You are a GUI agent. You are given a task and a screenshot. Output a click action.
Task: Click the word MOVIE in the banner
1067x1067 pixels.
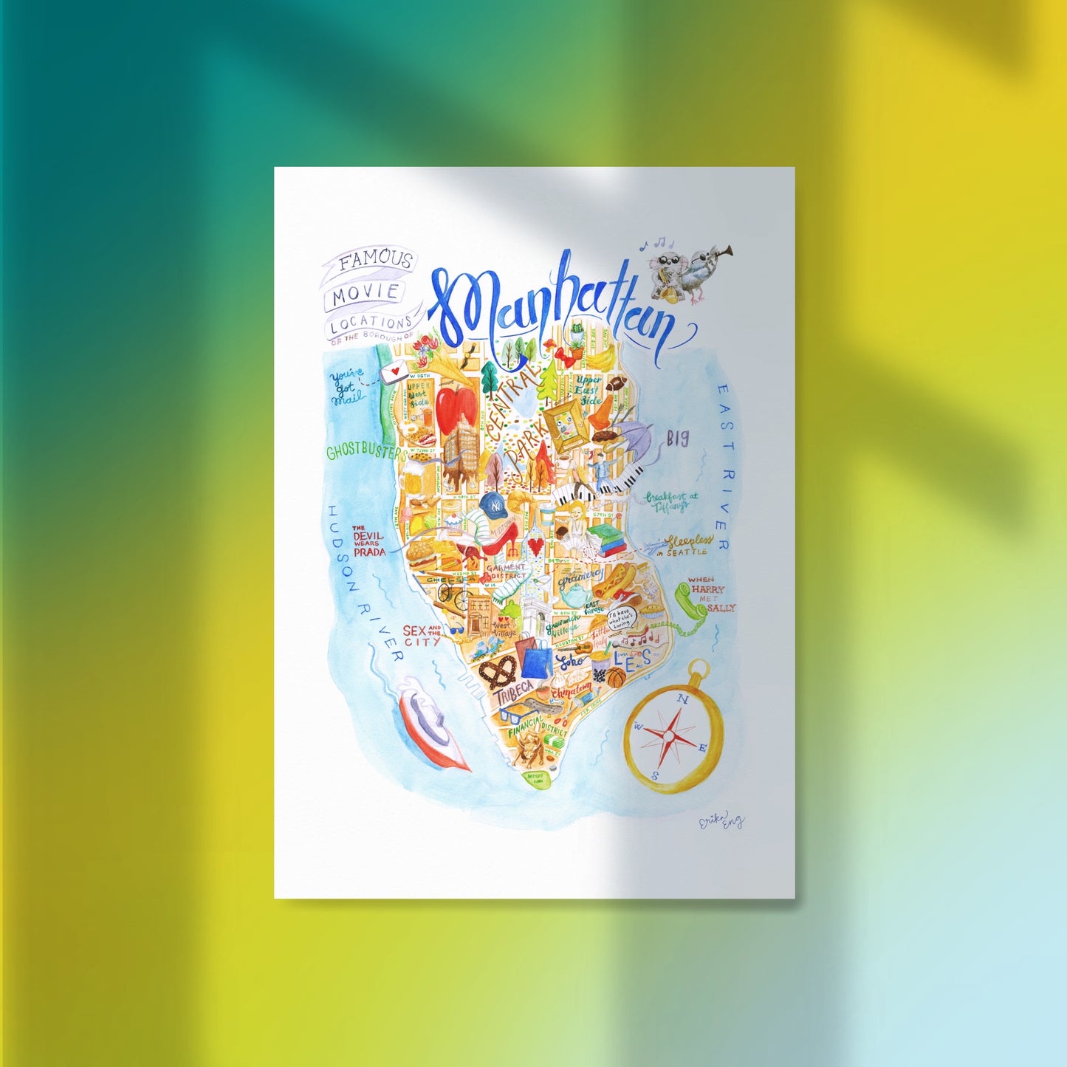pyautogui.click(x=365, y=293)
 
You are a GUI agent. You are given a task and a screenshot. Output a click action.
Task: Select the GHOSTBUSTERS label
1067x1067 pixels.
pyautogui.click(x=366, y=450)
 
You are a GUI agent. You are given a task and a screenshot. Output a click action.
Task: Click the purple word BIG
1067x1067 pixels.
pyautogui.click(x=677, y=439)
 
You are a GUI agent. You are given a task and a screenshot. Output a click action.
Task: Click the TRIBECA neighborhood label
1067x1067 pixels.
pyautogui.click(x=515, y=693)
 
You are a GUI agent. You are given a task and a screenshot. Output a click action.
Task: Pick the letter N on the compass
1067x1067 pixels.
pyautogui.click(x=683, y=699)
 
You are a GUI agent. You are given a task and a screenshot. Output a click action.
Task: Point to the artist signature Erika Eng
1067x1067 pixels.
pyautogui.click(x=721, y=822)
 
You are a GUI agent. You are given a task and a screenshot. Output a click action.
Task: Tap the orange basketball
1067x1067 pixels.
pyautogui.click(x=616, y=678)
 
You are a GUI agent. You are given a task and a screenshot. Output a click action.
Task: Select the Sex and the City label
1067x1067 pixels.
pyautogui.click(x=422, y=635)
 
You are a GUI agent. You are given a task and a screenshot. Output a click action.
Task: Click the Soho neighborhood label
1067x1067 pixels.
pyautogui.click(x=571, y=659)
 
